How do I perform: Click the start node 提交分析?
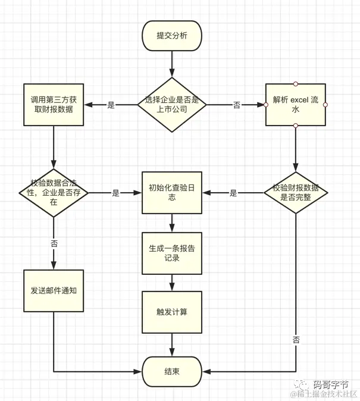[x=171, y=36]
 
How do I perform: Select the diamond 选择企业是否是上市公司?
[x=172, y=105]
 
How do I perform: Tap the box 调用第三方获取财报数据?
[x=54, y=105]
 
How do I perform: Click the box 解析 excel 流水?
[x=295, y=105]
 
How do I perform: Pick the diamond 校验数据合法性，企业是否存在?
[x=54, y=193]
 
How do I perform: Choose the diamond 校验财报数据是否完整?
[x=295, y=192]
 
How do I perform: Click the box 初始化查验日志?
[x=171, y=193]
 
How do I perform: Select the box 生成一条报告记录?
[x=171, y=253]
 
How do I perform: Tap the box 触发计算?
[x=171, y=312]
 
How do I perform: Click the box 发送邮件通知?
[x=54, y=291]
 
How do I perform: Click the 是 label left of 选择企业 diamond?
[x=111, y=105]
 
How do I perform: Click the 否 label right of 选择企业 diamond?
[x=236, y=105]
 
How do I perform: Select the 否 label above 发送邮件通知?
[x=54, y=244]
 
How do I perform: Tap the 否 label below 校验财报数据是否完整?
[x=296, y=340]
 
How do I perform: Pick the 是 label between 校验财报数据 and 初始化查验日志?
[x=233, y=193]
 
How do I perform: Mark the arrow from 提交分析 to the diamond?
[x=171, y=64]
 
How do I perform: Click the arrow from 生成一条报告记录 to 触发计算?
[x=171, y=282]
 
